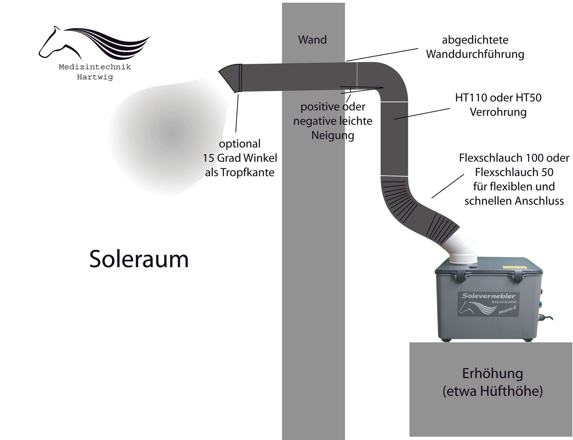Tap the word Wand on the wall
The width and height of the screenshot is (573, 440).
pyautogui.click(x=312, y=40)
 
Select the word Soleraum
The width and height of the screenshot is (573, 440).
pyautogui.click(x=139, y=259)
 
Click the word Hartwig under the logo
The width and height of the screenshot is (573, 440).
pyautogui.click(x=95, y=77)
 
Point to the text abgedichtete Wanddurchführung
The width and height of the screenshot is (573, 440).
pyautogui.click(x=475, y=47)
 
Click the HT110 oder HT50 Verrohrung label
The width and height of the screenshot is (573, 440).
pyautogui.click(x=498, y=105)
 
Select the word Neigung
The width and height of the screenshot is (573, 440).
pyautogui.click(x=333, y=136)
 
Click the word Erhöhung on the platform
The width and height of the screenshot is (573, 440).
pyautogui.click(x=492, y=373)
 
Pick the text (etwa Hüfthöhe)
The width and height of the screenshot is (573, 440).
pyautogui.click(x=492, y=391)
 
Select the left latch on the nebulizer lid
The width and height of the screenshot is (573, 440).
pyautogui.click(x=462, y=275)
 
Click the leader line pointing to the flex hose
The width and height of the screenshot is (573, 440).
pyautogui.click(x=448, y=186)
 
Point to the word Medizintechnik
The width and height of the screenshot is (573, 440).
pyautogui.click(x=95, y=67)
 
